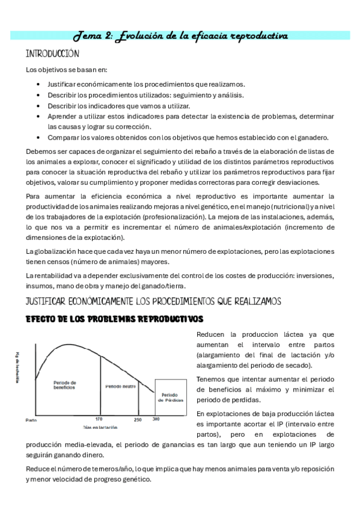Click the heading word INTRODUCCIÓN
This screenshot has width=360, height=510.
point(53,54)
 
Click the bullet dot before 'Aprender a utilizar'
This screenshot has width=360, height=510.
point(39,116)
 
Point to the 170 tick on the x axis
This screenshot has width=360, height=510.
point(99,419)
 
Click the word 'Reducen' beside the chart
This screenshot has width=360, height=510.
point(210,334)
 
